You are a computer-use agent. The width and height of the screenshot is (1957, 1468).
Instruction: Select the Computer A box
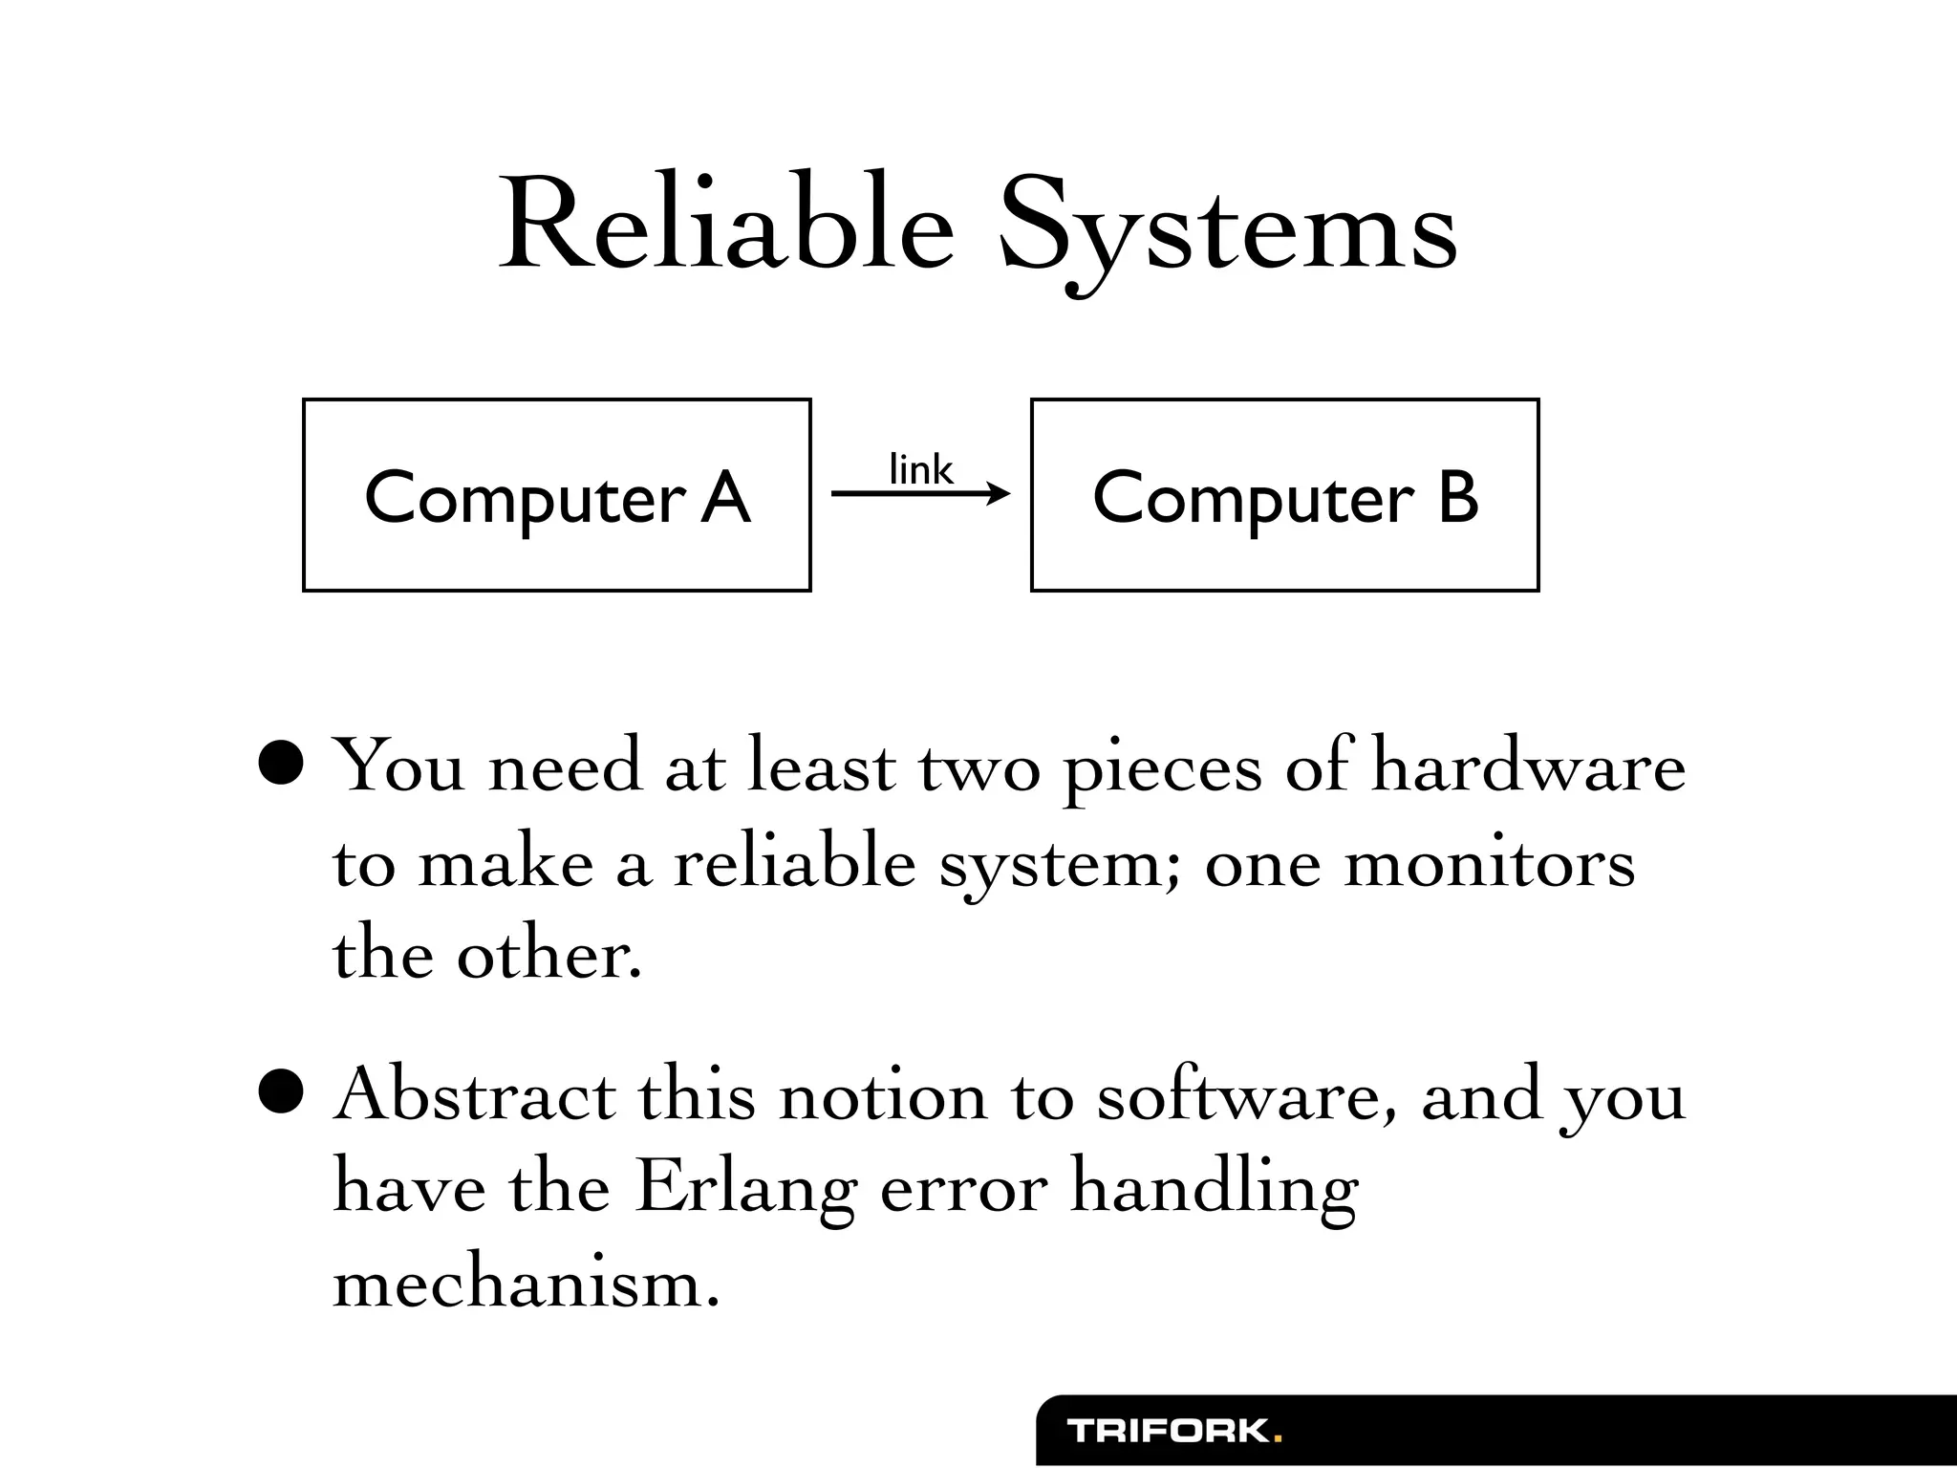pyautogui.click(x=557, y=495)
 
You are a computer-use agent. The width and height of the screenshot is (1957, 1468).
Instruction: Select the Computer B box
pyautogui.click(x=1284, y=495)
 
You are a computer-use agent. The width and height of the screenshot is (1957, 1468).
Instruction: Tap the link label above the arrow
pyautogui.click(x=920, y=470)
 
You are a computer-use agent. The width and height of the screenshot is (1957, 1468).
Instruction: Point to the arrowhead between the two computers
pyautogui.click(x=1000, y=493)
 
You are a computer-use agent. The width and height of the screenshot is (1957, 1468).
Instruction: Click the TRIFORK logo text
pyautogui.click(x=1168, y=1431)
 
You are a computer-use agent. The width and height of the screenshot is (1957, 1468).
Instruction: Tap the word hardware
pyautogui.click(x=1528, y=766)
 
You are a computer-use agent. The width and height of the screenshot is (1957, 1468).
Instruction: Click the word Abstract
pyautogui.click(x=475, y=1093)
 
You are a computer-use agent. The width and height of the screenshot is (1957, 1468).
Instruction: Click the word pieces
pyautogui.click(x=1162, y=770)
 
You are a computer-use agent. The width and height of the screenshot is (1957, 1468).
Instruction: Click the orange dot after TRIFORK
pyautogui.click(x=1278, y=1438)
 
